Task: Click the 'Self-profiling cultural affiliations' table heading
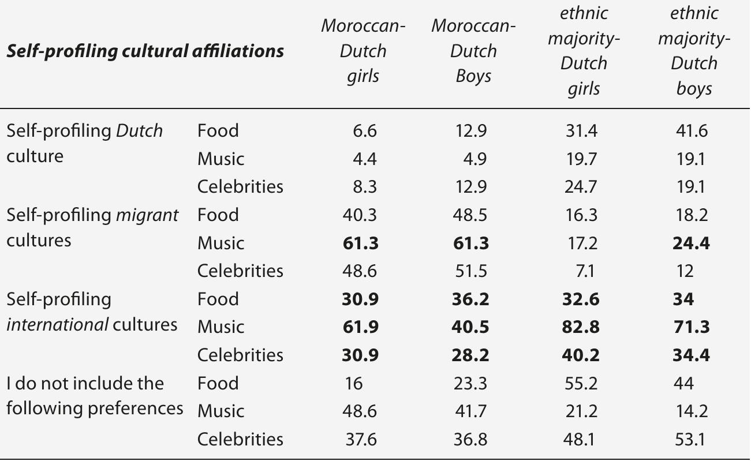145,51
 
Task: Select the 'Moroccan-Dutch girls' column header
363,51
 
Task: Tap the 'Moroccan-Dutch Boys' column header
473,51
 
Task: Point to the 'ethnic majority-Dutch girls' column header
583,51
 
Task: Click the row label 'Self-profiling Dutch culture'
84,143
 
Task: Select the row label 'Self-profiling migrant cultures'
92,227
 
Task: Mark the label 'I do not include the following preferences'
94,396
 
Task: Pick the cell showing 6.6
364,131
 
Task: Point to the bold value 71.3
691,327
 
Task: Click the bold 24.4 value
691,243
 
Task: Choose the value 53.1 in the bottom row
691,440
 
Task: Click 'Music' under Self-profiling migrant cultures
221,243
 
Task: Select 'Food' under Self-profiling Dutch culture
218,131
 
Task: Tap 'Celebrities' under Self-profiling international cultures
240,355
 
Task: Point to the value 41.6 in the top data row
691,131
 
